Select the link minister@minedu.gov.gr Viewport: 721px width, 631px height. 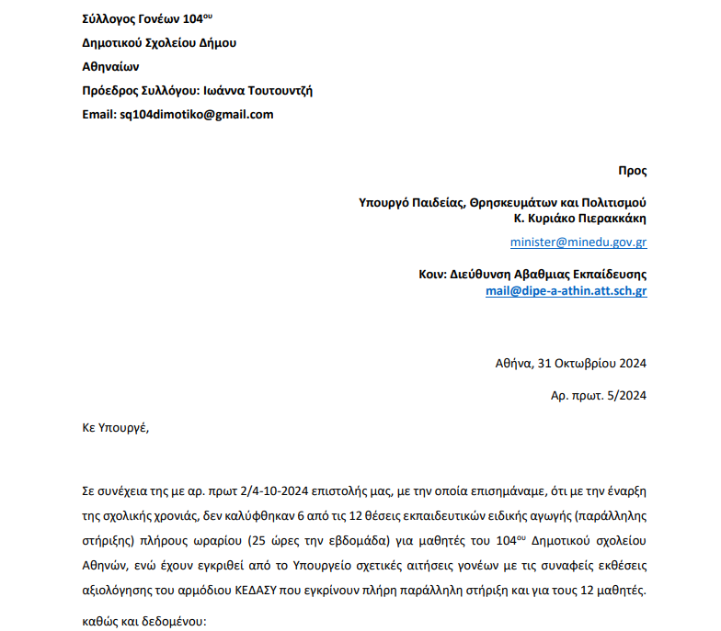point(578,243)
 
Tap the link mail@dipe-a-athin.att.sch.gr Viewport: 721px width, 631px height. point(566,291)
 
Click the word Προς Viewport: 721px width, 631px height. point(632,171)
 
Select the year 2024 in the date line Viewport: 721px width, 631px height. point(632,363)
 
